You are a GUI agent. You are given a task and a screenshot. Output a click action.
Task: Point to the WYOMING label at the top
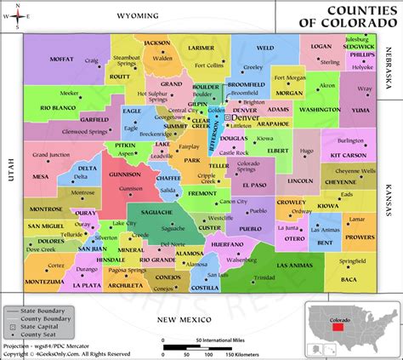click(138, 15)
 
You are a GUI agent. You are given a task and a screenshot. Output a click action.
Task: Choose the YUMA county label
click(362, 110)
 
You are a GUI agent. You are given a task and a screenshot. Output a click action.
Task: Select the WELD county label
click(265, 49)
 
